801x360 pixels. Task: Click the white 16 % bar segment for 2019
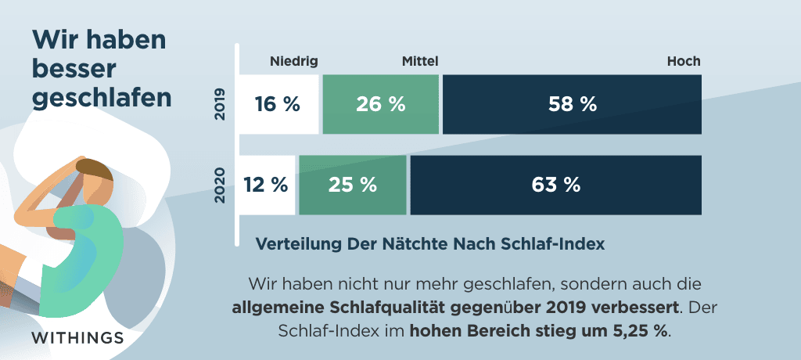(278, 104)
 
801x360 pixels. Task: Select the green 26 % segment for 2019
(381, 104)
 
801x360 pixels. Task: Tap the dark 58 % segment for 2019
(572, 104)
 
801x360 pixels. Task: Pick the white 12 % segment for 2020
(267, 185)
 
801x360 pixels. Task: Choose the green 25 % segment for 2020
(353, 185)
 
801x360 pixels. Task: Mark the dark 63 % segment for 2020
(555, 185)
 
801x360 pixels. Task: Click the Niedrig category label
(294, 61)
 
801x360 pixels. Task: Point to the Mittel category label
(420, 61)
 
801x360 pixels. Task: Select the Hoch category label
(684, 61)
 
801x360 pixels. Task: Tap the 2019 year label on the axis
(221, 104)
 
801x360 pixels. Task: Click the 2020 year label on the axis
(221, 185)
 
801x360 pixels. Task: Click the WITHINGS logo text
(77, 338)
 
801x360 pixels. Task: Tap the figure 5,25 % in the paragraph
(638, 330)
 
